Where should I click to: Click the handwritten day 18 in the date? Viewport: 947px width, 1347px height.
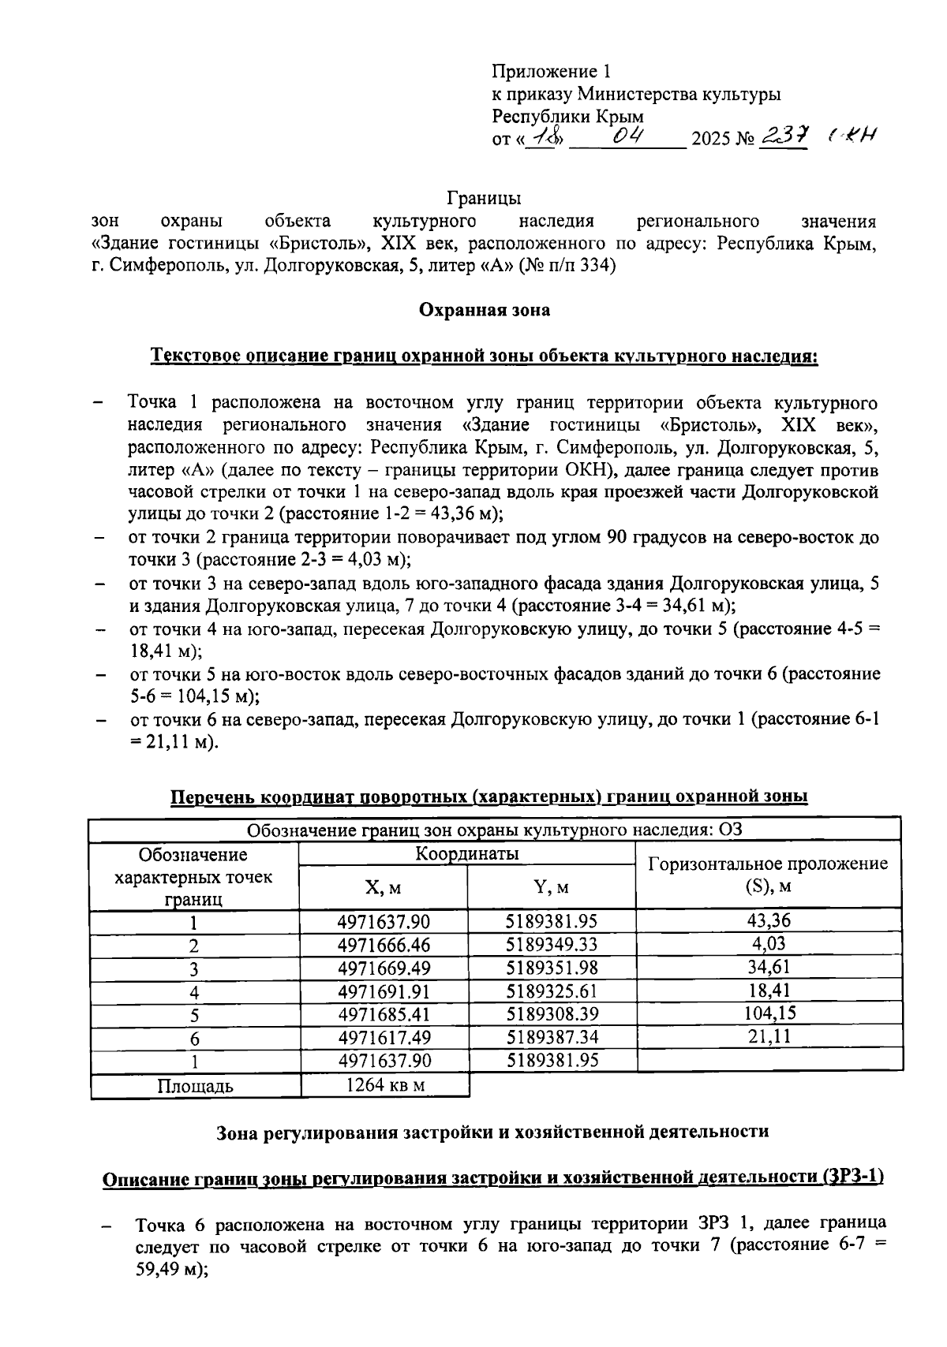pyautogui.click(x=544, y=138)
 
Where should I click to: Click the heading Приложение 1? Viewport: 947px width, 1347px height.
pyautogui.click(x=551, y=72)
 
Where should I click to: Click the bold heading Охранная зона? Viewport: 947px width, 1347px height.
pyautogui.click(x=484, y=310)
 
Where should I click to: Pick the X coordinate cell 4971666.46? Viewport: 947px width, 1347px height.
pyautogui.click(x=384, y=945)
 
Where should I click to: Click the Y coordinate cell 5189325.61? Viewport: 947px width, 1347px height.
pyautogui.click(x=551, y=991)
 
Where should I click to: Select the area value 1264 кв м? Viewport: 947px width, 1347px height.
pyautogui.click(x=385, y=1084)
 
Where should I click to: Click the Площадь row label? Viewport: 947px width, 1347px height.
pyautogui.click(x=195, y=1086)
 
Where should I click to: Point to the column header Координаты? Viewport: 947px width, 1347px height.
pyautogui.click(x=467, y=854)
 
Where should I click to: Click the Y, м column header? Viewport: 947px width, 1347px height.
pyautogui.click(x=551, y=887)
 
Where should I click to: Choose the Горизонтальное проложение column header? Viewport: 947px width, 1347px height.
pyautogui.click(x=768, y=874)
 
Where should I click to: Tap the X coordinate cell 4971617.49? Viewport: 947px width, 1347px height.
pyautogui.click(x=384, y=1037)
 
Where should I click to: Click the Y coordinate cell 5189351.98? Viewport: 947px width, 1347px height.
pyautogui.click(x=551, y=968)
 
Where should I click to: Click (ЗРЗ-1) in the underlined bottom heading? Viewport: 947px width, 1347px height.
pyautogui.click(x=852, y=1177)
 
